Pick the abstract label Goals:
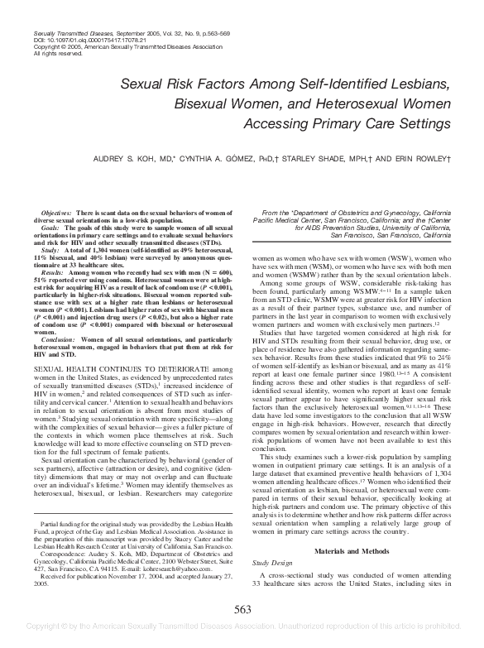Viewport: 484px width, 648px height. (50, 227)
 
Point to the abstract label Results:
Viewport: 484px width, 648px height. (53, 271)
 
